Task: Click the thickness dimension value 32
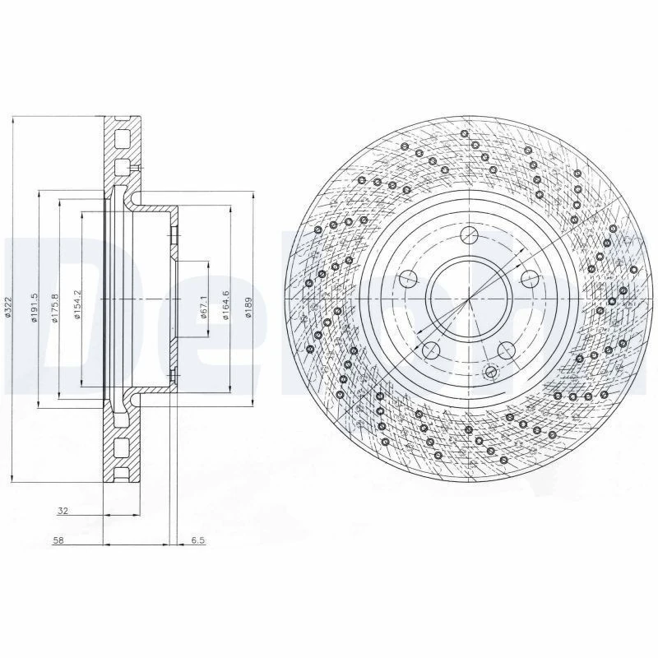click(x=63, y=511)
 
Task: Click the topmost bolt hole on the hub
click(x=470, y=235)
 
